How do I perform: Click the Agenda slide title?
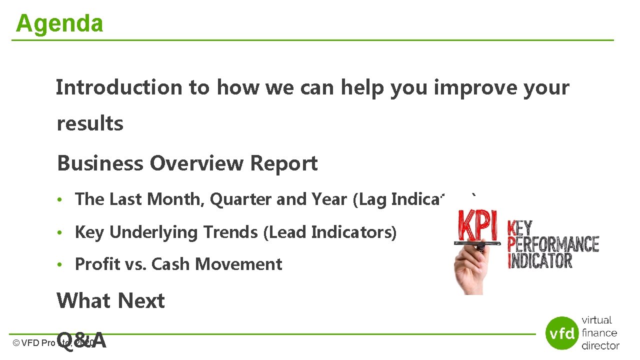[59, 23]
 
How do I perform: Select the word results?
[90, 123]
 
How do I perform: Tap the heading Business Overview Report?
[187, 163]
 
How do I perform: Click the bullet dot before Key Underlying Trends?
[59, 233]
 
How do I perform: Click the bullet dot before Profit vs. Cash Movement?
[59, 265]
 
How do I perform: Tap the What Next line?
[110, 301]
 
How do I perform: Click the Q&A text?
[81, 341]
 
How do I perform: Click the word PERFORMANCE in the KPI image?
[553, 245]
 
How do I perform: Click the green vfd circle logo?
[562, 333]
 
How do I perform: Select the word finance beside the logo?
[599, 333]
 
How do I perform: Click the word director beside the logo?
[600, 345]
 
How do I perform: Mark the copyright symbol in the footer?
[16, 343]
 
